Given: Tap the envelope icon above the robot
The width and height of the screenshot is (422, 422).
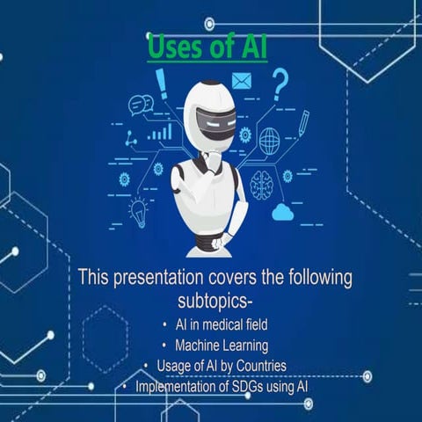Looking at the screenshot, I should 241,82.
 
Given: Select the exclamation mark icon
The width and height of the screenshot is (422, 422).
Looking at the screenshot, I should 161,84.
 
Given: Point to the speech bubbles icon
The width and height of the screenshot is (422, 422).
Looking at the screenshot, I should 140,105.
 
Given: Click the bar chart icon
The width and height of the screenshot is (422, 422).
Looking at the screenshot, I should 161,133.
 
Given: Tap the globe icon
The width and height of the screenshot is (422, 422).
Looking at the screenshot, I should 269,141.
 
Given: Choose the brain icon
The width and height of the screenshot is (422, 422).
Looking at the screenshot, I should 261,184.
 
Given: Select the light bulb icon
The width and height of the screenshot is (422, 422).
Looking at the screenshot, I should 139,211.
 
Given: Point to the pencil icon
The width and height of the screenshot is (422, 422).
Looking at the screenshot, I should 303,122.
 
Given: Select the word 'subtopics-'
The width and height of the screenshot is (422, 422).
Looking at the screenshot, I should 215,302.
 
